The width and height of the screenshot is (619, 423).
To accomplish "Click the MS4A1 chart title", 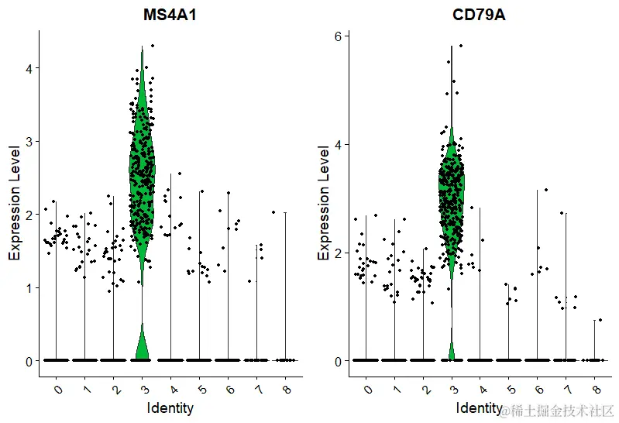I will (x=170, y=15).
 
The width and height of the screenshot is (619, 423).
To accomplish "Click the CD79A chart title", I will (x=479, y=15).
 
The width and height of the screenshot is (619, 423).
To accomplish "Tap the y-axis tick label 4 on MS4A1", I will (x=29, y=68).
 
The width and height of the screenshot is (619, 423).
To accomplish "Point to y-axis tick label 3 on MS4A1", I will (x=29, y=141).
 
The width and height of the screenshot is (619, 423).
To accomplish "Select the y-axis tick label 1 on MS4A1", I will (x=29, y=287).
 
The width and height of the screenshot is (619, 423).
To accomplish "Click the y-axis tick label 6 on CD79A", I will (x=338, y=36).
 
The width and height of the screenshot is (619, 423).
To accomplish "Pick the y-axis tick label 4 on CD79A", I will (x=338, y=144).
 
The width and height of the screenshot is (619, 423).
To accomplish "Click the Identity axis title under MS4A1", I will (x=170, y=407).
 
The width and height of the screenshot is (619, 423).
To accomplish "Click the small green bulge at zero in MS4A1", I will (x=142, y=345).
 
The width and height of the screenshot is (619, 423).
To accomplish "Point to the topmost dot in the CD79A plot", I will (x=460, y=46).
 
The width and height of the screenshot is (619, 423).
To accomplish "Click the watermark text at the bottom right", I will (x=558, y=411).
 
